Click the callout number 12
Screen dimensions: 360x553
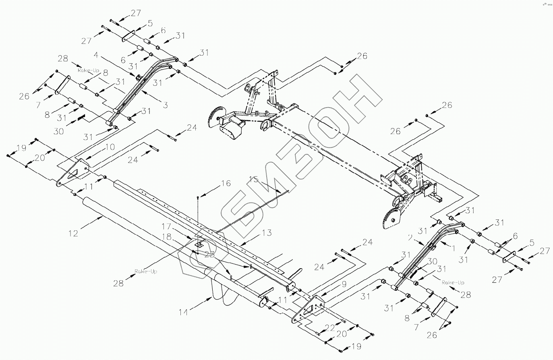click(74, 232)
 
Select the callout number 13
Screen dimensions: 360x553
click(266, 233)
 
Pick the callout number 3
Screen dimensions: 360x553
click(165, 105)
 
